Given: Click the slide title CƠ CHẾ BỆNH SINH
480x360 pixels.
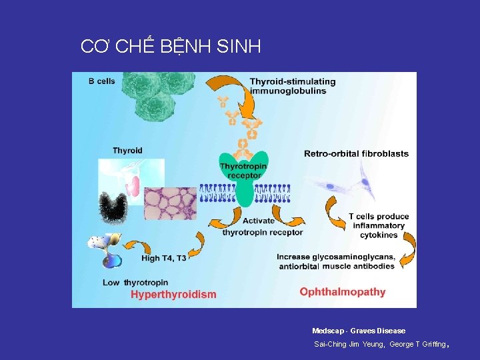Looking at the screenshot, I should coord(171,47).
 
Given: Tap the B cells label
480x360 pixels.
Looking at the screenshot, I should coord(102,81).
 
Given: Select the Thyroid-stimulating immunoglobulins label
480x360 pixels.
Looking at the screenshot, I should coord(292,86).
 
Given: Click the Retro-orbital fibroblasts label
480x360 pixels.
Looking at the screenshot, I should coord(356,153).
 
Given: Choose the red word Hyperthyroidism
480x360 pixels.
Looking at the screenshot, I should coord(173,294).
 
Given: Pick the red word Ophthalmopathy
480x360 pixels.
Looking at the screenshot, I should coord(343,291).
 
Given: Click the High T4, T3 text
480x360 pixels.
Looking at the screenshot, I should coord(164,258).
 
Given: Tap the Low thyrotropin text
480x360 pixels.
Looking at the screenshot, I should coord(136,283).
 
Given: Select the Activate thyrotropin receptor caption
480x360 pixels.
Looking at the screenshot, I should coord(262,227).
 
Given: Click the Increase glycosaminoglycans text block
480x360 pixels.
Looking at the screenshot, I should coord(336,261).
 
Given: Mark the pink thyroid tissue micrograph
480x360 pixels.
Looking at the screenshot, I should coord(171,203).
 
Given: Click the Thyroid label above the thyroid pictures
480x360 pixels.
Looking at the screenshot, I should coord(127,151).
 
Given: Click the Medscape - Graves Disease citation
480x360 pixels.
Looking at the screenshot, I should coord(359,331).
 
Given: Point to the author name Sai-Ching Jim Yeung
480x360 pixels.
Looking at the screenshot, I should coord(345,344).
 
